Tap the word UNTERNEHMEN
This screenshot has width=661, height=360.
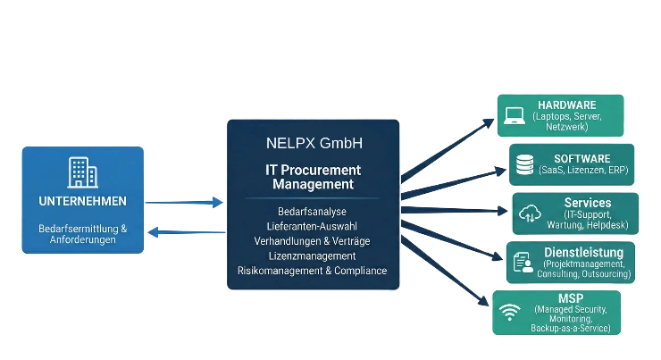tap(82, 201)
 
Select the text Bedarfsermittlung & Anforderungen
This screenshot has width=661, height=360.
tap(82, 234)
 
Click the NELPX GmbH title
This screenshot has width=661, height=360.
tap(314, 143)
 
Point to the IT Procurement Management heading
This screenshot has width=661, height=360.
tap(314, 177)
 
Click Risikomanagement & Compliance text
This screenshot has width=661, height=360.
tap(313, 271)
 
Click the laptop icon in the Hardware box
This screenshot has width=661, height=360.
tap(515, 116)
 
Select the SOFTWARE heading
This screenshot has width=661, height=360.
tap(582, 158)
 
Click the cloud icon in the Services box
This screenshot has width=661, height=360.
tap(531, 213)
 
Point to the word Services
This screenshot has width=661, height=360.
tap(588, 203)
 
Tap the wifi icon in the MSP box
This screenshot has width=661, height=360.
tap(510, 313)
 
